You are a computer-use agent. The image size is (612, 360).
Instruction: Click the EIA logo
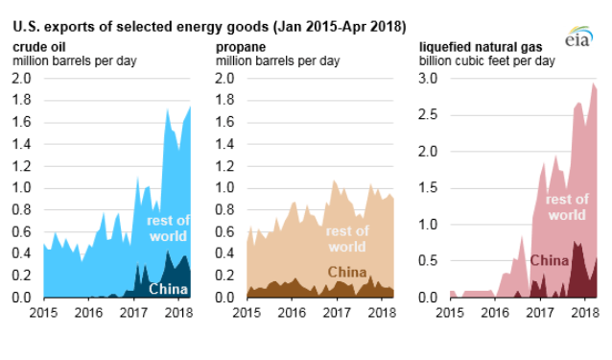578,36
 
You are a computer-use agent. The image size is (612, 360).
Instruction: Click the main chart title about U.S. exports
209,27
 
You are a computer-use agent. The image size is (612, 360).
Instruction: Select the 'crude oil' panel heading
39,47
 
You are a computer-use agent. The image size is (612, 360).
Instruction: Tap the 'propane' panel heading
241,47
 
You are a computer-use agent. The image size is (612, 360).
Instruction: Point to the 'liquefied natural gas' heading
481,47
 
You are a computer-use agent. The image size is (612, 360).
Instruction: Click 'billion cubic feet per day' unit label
487,60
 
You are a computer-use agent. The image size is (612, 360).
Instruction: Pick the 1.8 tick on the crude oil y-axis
21,100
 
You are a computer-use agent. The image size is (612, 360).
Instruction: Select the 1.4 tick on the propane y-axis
224,144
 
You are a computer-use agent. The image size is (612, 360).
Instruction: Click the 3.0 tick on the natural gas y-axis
428,78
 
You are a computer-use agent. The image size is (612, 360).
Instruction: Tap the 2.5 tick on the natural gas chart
428,115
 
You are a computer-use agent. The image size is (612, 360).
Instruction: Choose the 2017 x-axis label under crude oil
133,312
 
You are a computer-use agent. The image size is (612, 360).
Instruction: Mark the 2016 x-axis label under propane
292,312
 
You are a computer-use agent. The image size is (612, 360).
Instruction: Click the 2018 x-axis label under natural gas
585,312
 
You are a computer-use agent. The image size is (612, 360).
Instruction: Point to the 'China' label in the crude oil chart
168,289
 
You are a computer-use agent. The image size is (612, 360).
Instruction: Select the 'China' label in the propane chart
347,272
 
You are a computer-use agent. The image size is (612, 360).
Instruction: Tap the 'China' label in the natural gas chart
549,260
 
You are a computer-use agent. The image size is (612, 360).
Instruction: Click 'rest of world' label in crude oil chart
168,228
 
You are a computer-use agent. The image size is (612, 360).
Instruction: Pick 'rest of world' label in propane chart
347,239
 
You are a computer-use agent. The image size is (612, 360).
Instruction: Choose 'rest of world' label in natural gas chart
567,207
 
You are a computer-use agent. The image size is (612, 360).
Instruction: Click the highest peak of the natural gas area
594,84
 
